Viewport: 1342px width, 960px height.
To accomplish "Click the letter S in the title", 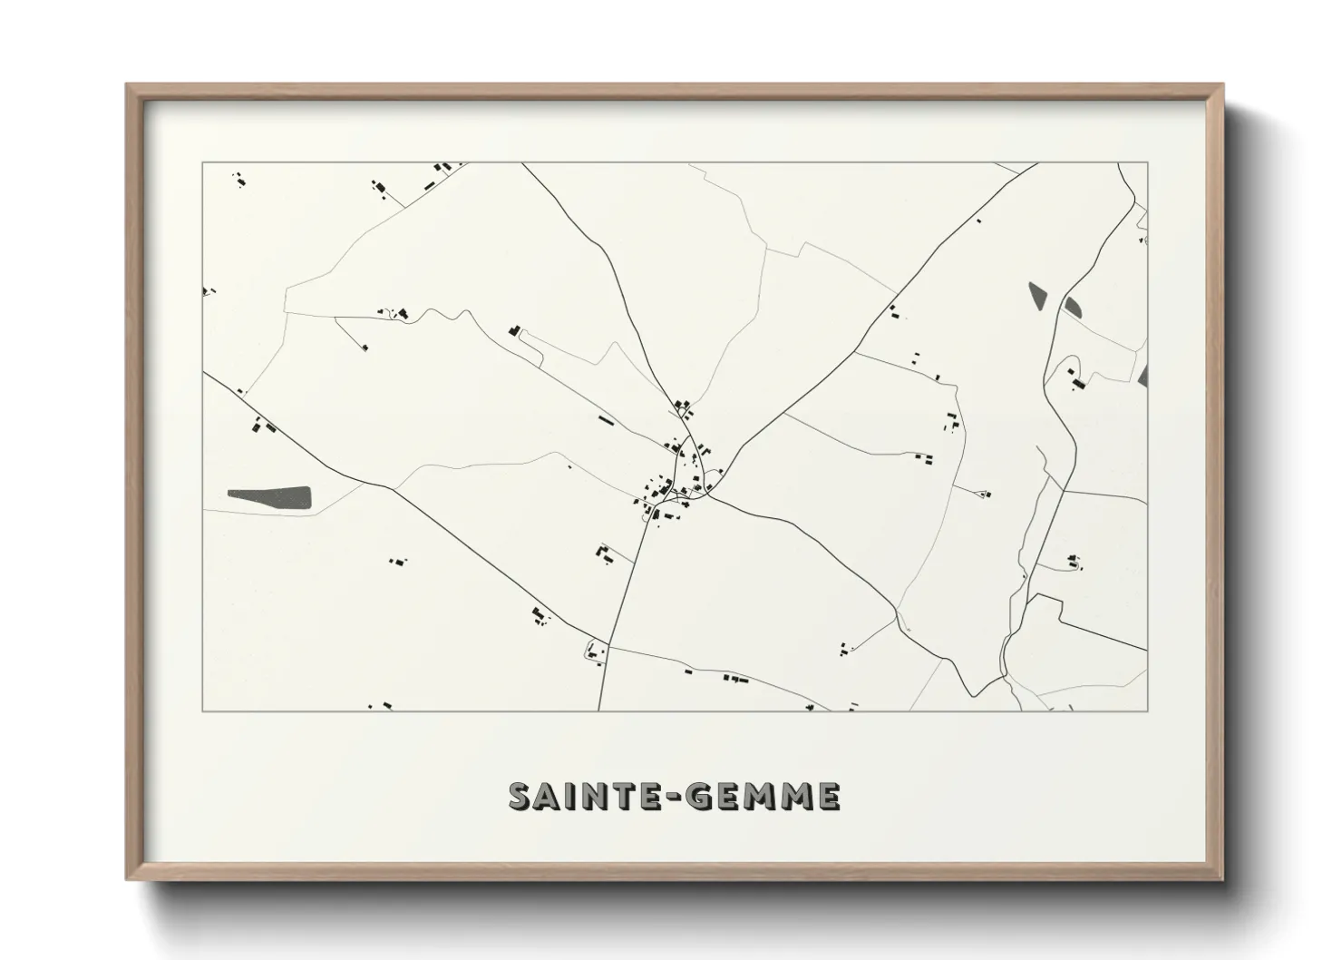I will pos(521,797).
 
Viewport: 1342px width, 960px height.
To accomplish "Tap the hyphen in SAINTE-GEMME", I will pos(672,798).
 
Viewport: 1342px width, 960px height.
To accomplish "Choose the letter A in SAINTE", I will pos(549,797).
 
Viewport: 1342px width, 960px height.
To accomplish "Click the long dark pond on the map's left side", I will pos(269,496).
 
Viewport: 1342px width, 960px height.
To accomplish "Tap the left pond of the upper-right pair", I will pos(1036,294).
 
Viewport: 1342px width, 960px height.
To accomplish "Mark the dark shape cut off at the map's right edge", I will pos(1143,375).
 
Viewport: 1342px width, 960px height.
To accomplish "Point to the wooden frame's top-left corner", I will pos(128,85).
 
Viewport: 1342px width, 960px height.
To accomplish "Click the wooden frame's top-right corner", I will pos(1222,85).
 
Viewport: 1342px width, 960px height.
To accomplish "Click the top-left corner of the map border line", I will pos(202,162).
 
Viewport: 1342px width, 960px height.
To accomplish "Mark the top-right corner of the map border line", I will pos(1148,162).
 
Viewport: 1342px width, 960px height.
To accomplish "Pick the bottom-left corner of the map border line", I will pos(202,710).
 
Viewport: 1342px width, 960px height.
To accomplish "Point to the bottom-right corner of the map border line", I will pos(1148,710).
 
